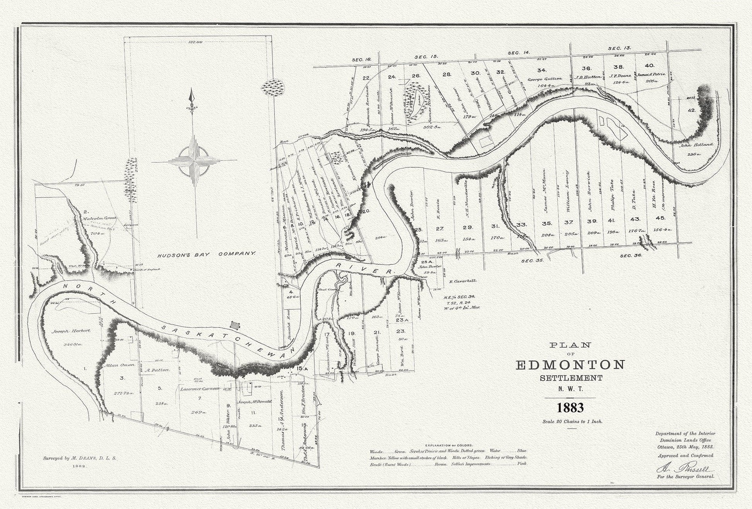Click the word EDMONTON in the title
coord(570,364)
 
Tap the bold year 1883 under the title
coord(570,408)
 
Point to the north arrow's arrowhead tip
coord(190,91)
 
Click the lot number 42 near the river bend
coord(691,110)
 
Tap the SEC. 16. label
coord(361,60)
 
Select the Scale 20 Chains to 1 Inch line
coord(570,421)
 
